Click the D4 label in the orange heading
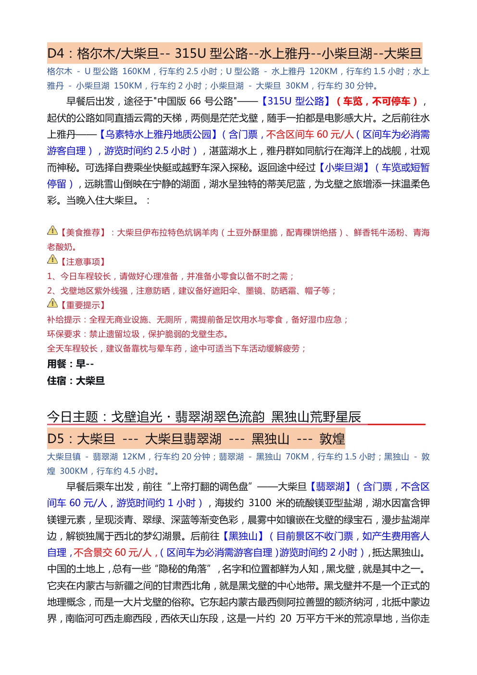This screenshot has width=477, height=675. pos(56,53)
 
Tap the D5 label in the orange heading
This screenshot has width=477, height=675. pos(56,439)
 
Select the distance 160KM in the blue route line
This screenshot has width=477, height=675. pos(136,71)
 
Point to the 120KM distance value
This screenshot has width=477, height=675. pos(323,71)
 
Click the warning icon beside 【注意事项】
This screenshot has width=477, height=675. pos(52,260)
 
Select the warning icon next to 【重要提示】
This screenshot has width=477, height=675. pos(52,303)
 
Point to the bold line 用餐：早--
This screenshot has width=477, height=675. pos(70,364)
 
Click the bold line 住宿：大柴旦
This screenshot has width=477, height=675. pos(75,381)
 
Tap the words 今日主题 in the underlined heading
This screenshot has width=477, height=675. pos(73,417)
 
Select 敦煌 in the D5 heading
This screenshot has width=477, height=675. pos(332,439)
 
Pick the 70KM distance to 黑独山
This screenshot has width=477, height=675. pos(297,457)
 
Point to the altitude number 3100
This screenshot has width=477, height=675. pos(260,503)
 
